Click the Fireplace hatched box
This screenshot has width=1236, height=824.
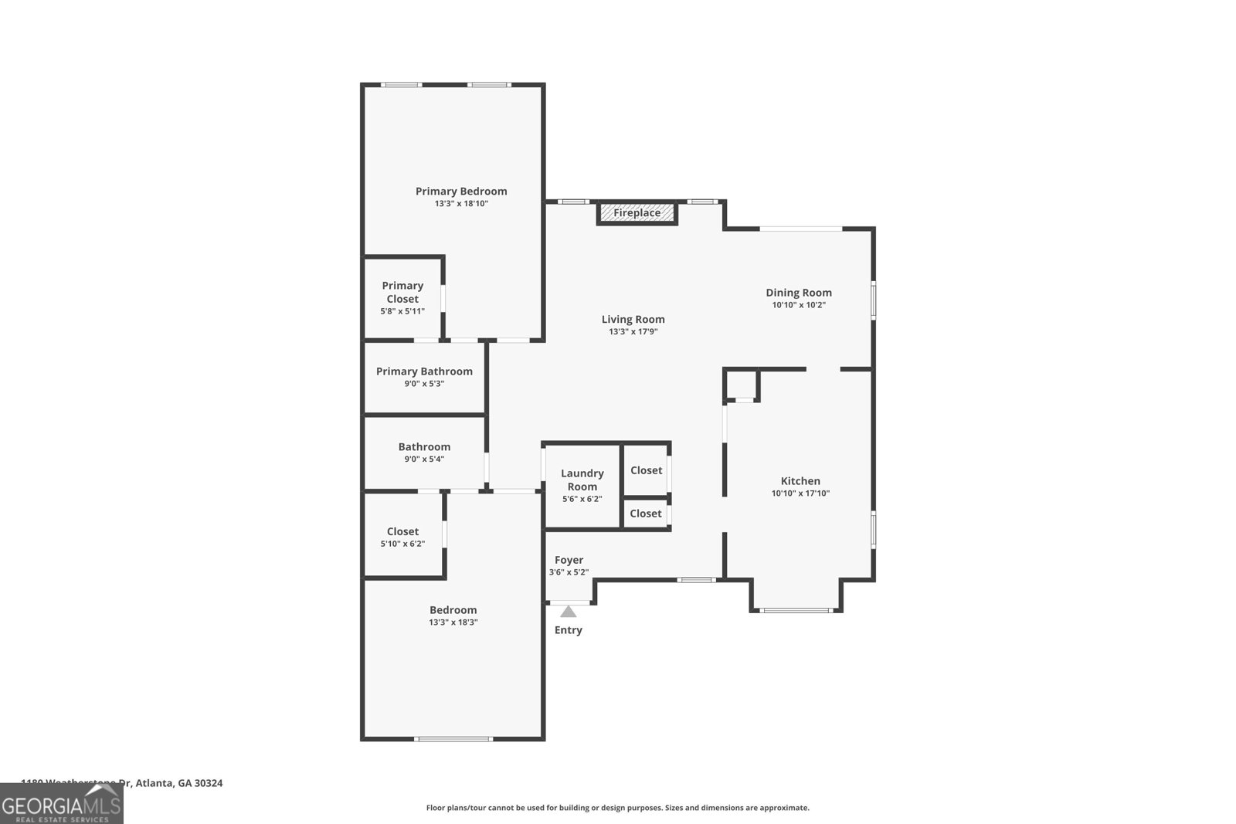[637, 213]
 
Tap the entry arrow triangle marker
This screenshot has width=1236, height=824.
[569, 612]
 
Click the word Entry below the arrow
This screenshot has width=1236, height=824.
[569, 630]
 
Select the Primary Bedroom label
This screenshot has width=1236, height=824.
[461, 192]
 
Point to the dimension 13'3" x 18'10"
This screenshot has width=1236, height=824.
[461, 204]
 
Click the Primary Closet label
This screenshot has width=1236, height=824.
[402, 292]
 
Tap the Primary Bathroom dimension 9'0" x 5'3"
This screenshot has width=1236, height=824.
[424, 384]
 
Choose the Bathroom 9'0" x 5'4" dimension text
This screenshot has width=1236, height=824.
[424, 459]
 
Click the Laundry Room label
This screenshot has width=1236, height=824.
[582, 480]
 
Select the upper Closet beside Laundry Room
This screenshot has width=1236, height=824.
[646, 470]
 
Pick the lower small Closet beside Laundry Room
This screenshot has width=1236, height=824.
[645, 514]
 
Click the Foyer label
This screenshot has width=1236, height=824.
[569, 560]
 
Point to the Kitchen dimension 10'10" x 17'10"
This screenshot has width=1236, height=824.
[800, 493]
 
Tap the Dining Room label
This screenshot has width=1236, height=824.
[799, 293]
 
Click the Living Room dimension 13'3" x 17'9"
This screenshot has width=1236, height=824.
[633, 332]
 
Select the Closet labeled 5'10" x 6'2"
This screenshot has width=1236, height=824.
[402, 537]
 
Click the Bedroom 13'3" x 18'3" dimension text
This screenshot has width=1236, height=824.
[453, 622]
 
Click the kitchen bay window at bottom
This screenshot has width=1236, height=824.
[796, 611]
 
